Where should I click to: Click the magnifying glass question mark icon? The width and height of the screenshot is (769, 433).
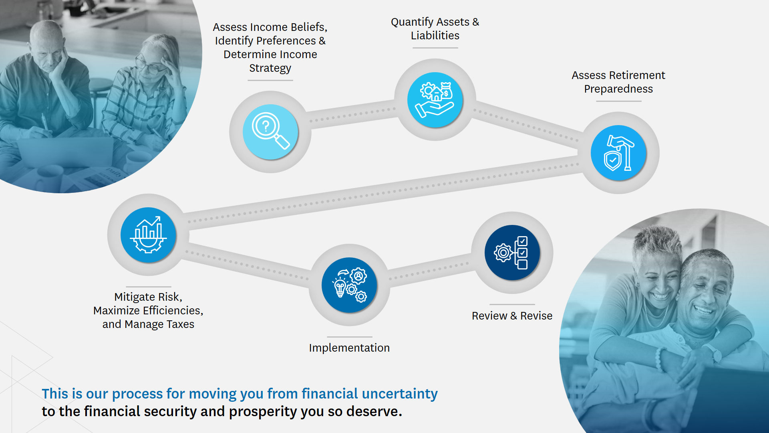click(270, 132)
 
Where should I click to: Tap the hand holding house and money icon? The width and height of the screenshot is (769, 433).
click(435, 100)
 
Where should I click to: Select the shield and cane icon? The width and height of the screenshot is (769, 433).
click(618, 153)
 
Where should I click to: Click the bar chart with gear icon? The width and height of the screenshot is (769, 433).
click(148, 235)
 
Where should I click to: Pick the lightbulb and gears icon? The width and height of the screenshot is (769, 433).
click(349, 285)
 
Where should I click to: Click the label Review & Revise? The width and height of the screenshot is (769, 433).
click(512, 316)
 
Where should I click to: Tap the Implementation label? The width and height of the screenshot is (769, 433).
click(349, 348)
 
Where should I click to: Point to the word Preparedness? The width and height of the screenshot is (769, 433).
click(618, 89)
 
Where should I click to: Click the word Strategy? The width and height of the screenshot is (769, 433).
click(270, 68)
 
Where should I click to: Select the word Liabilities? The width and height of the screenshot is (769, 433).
click(435, 36)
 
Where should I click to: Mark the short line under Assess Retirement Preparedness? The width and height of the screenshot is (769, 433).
click(618, 101)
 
